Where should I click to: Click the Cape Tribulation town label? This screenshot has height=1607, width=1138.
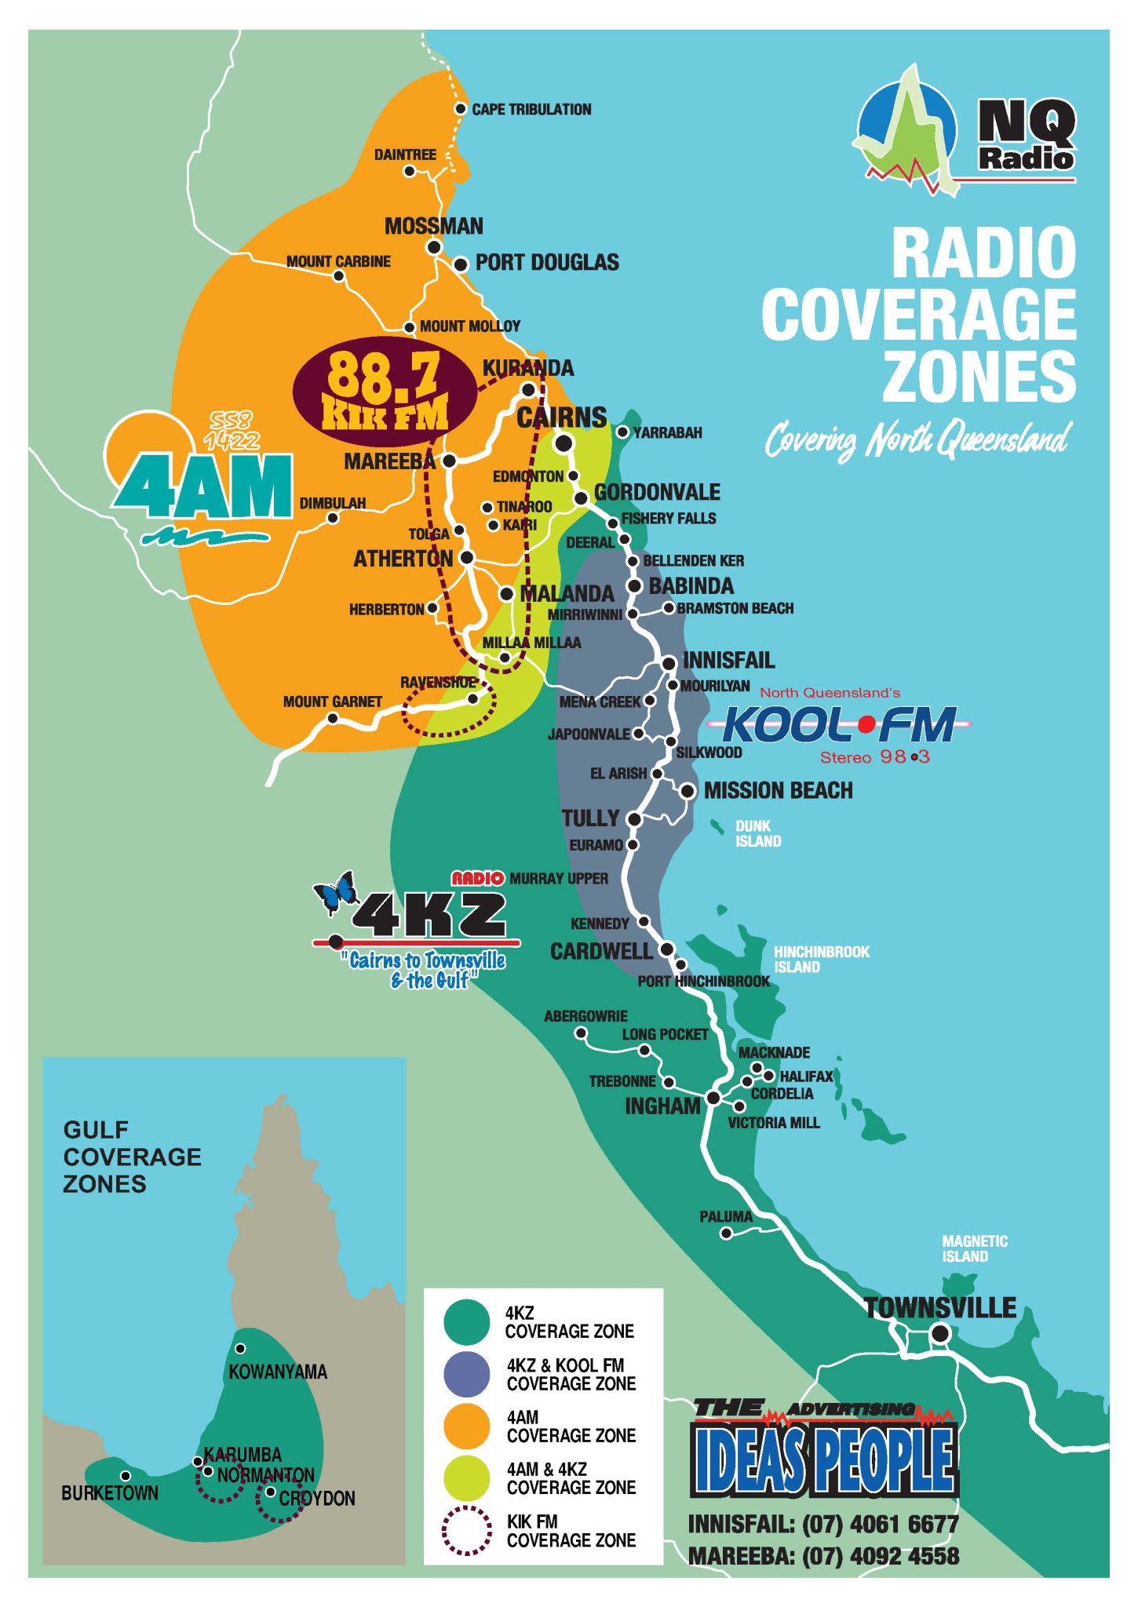[531, 110]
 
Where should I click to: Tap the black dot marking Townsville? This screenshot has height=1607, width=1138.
[939, 1332]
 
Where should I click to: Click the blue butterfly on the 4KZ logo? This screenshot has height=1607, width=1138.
[337, 893]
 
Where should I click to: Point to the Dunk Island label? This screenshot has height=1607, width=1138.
[757, 833]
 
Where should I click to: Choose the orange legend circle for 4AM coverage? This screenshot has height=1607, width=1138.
[467, 1426]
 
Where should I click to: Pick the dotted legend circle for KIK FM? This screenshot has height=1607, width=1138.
[467, 1530]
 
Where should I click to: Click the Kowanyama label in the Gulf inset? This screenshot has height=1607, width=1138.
[277, 1372]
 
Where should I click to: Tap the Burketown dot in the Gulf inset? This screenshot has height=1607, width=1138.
[126, 1476]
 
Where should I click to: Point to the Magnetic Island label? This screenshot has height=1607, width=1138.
[974, 1248]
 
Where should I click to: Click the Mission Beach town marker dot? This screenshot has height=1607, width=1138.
[688, 791]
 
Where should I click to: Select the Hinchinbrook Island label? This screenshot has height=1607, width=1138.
[821, 959]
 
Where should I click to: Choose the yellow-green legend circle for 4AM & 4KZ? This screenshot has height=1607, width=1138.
[467, 1478]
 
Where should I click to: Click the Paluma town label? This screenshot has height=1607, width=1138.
[725, 1217]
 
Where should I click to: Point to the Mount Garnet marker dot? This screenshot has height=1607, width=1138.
[332, 718]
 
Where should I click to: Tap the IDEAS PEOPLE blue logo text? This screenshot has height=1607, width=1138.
[824, 1460]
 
